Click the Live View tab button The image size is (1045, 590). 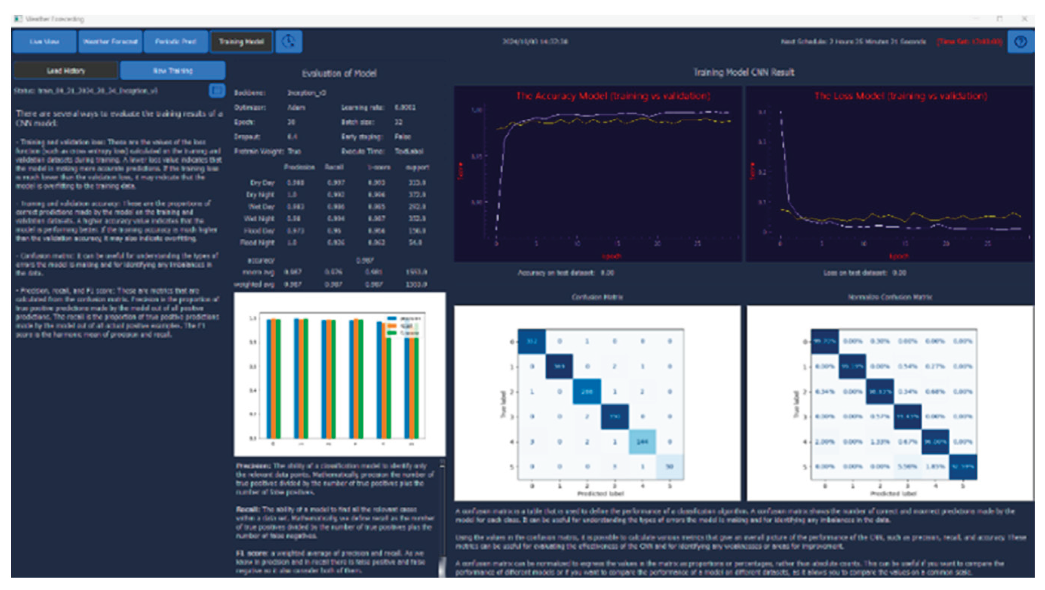44,42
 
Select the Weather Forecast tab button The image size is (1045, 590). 110,42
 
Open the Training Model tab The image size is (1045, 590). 241,42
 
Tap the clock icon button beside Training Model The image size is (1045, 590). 288,42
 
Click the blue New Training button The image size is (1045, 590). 173,71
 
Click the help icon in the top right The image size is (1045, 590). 1020,42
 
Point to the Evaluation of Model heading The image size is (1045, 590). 339,74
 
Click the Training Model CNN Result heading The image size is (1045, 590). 744,72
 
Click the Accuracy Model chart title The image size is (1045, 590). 613,96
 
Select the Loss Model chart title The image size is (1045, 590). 901,96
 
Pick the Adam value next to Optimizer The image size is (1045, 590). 296,108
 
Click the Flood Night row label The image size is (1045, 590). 257,243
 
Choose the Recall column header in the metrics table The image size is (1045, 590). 334,167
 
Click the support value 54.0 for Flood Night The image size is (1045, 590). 415,243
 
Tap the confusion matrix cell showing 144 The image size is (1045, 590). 642,441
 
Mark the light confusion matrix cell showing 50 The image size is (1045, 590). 670,467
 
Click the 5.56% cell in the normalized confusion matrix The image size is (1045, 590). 907,467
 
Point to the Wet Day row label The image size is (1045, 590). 262,207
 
